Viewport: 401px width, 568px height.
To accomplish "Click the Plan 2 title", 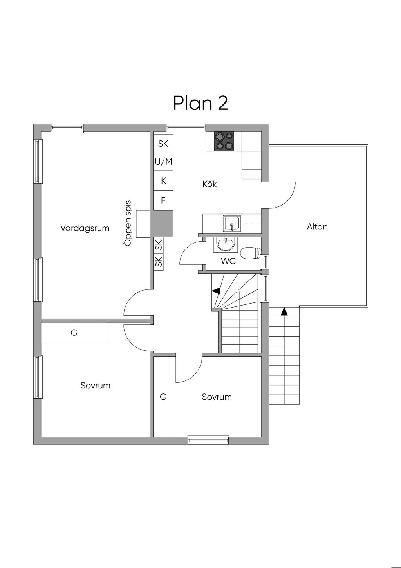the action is tap(200, 103).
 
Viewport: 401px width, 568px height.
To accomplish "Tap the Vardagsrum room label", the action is tap(85, 228).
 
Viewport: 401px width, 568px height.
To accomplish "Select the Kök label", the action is tap(210, 184).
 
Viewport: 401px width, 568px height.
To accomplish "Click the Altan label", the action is tap(317, 226).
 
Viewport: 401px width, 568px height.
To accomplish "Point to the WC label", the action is tap(228, 261).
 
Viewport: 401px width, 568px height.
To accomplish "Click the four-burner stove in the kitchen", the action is tap(224, 142).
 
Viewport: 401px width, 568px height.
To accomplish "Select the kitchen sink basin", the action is tap(232, 224).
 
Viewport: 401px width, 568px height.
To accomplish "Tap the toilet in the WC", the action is tap(250, 253).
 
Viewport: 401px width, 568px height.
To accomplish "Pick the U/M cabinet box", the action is tap(163, 161).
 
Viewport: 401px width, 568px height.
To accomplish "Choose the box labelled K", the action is tap(163, 181).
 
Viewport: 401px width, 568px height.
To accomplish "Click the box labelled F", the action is tap(163, 200).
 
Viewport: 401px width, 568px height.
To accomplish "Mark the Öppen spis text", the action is tap(128, 224).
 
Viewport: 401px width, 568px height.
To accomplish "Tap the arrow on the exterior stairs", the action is tap(285, 311).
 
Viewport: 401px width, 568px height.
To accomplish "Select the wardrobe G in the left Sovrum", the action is tap(74, 332).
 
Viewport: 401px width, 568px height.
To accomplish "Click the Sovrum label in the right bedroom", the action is tap(217, 397).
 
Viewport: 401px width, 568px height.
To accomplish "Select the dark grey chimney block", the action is tap(162, 224).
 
